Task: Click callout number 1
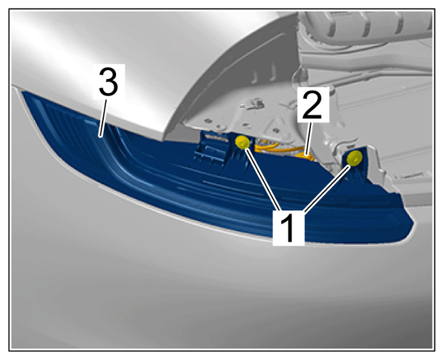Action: tap(288, 228)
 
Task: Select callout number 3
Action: tap(109, 82)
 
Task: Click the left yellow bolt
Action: tap(243, 142)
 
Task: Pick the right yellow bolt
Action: tap(354, 158)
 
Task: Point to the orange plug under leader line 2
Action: tap(305, 156)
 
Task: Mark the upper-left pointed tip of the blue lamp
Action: tap(23, 92)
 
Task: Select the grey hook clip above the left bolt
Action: tap(254, 103)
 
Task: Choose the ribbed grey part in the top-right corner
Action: tap(365, 27)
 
